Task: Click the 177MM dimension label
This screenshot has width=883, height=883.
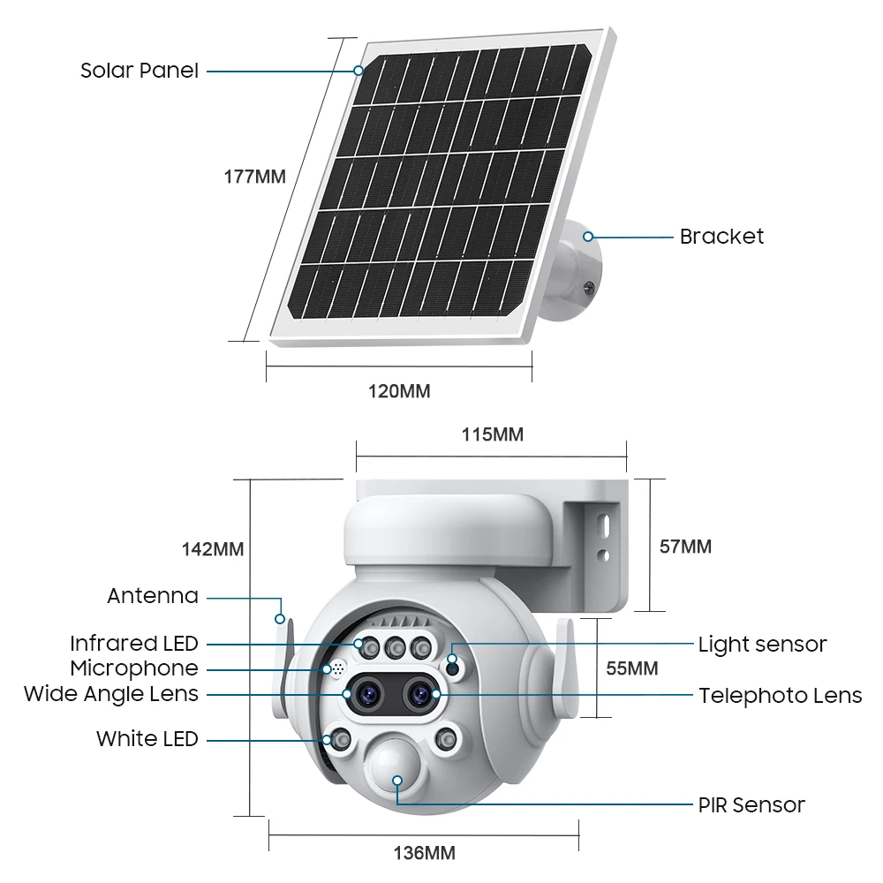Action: point(254,177)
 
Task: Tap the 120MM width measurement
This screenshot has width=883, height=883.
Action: point(399,391)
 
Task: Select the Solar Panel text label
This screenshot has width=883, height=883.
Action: point(140,71)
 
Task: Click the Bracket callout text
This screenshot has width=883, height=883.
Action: point(721,237)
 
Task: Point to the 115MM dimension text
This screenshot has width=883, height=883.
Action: point(492,434)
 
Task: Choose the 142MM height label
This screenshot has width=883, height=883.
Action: point(212,549)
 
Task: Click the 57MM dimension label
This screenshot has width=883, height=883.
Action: point(685,547)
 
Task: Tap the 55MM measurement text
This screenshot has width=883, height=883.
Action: point(632,668)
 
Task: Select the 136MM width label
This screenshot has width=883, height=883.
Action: point(424,853)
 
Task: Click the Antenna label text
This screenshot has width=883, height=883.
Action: point(153,596)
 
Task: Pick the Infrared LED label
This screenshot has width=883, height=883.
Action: point(134,643)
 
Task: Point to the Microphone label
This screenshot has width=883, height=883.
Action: point(134,668)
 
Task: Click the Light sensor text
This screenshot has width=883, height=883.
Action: point(763,645)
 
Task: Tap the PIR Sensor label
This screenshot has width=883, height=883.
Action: point(751,805)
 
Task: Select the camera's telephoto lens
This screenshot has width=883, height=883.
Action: point(419,693)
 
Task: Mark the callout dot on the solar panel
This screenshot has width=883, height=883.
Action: point(358,71)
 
